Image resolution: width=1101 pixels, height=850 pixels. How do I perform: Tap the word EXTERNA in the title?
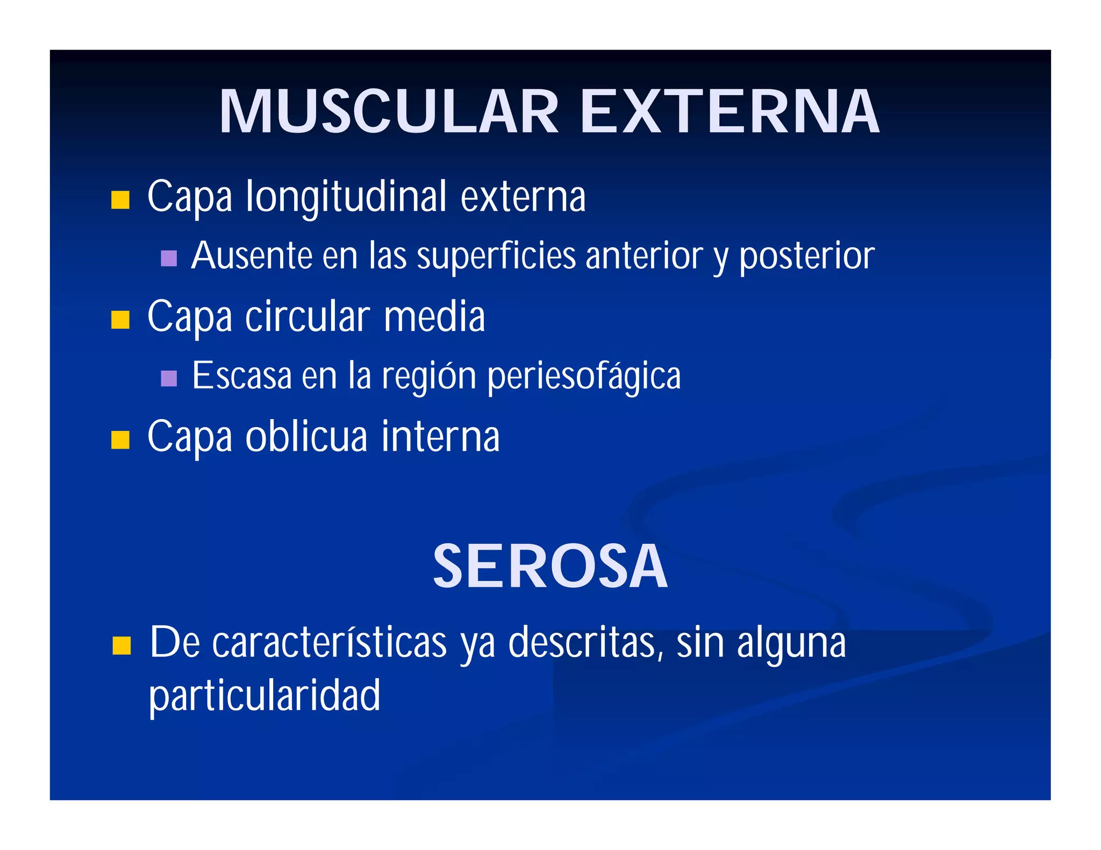tap(730, 112)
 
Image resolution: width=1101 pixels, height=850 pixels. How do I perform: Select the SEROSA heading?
tap(550, 566)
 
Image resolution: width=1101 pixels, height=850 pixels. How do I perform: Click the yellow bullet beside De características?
tap(122, 645)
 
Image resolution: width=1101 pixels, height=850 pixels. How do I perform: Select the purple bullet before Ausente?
tap(169, 258)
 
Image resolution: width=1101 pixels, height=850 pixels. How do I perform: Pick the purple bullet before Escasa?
tap(169, 378)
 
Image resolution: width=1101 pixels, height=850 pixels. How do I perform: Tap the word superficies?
tap(496, 256)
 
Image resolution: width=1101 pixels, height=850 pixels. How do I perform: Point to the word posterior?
tap(806, 256)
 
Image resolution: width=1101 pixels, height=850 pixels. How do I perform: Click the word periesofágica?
tap(584, 377)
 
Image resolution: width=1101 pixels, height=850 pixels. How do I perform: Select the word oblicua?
tap(306, 437)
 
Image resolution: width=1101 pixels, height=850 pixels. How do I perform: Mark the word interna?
tap(441, 437)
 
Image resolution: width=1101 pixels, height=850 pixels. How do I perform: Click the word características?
tap(330, 643)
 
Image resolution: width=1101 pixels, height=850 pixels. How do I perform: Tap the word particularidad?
tap(264, 696)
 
